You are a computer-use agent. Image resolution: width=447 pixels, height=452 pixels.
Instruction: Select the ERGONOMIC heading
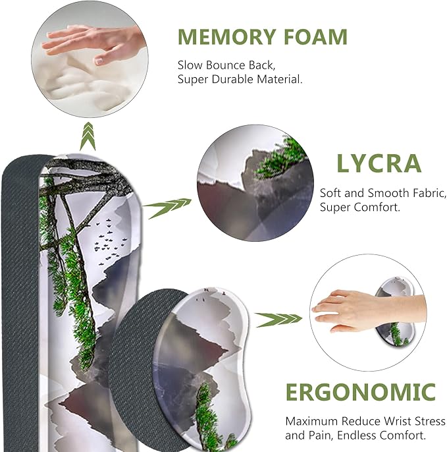coord(361,392)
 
